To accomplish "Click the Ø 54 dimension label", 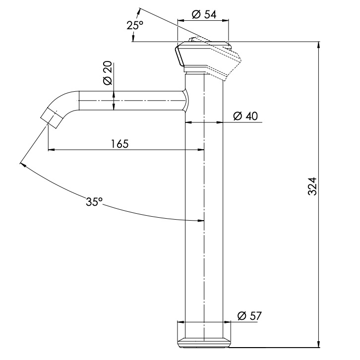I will pyautogui.click(x=202, y=15).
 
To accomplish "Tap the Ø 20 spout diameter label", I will pyautogui.click(x=107, y=74).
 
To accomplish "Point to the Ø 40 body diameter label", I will pyautogui.click(x=245, y=116).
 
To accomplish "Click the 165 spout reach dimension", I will pyautogui.click(x=120, y=144).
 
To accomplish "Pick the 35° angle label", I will pyautogui.click(x=94, y=202).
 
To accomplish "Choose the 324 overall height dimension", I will pyautogui.click(x=312, y=186).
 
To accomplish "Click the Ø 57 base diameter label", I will pyautogui.click(x=249, y=315).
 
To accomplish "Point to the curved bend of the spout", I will pyautogui.click(x=63, y=102).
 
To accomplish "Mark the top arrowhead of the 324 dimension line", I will pyautogui.click(x=318, y=45).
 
